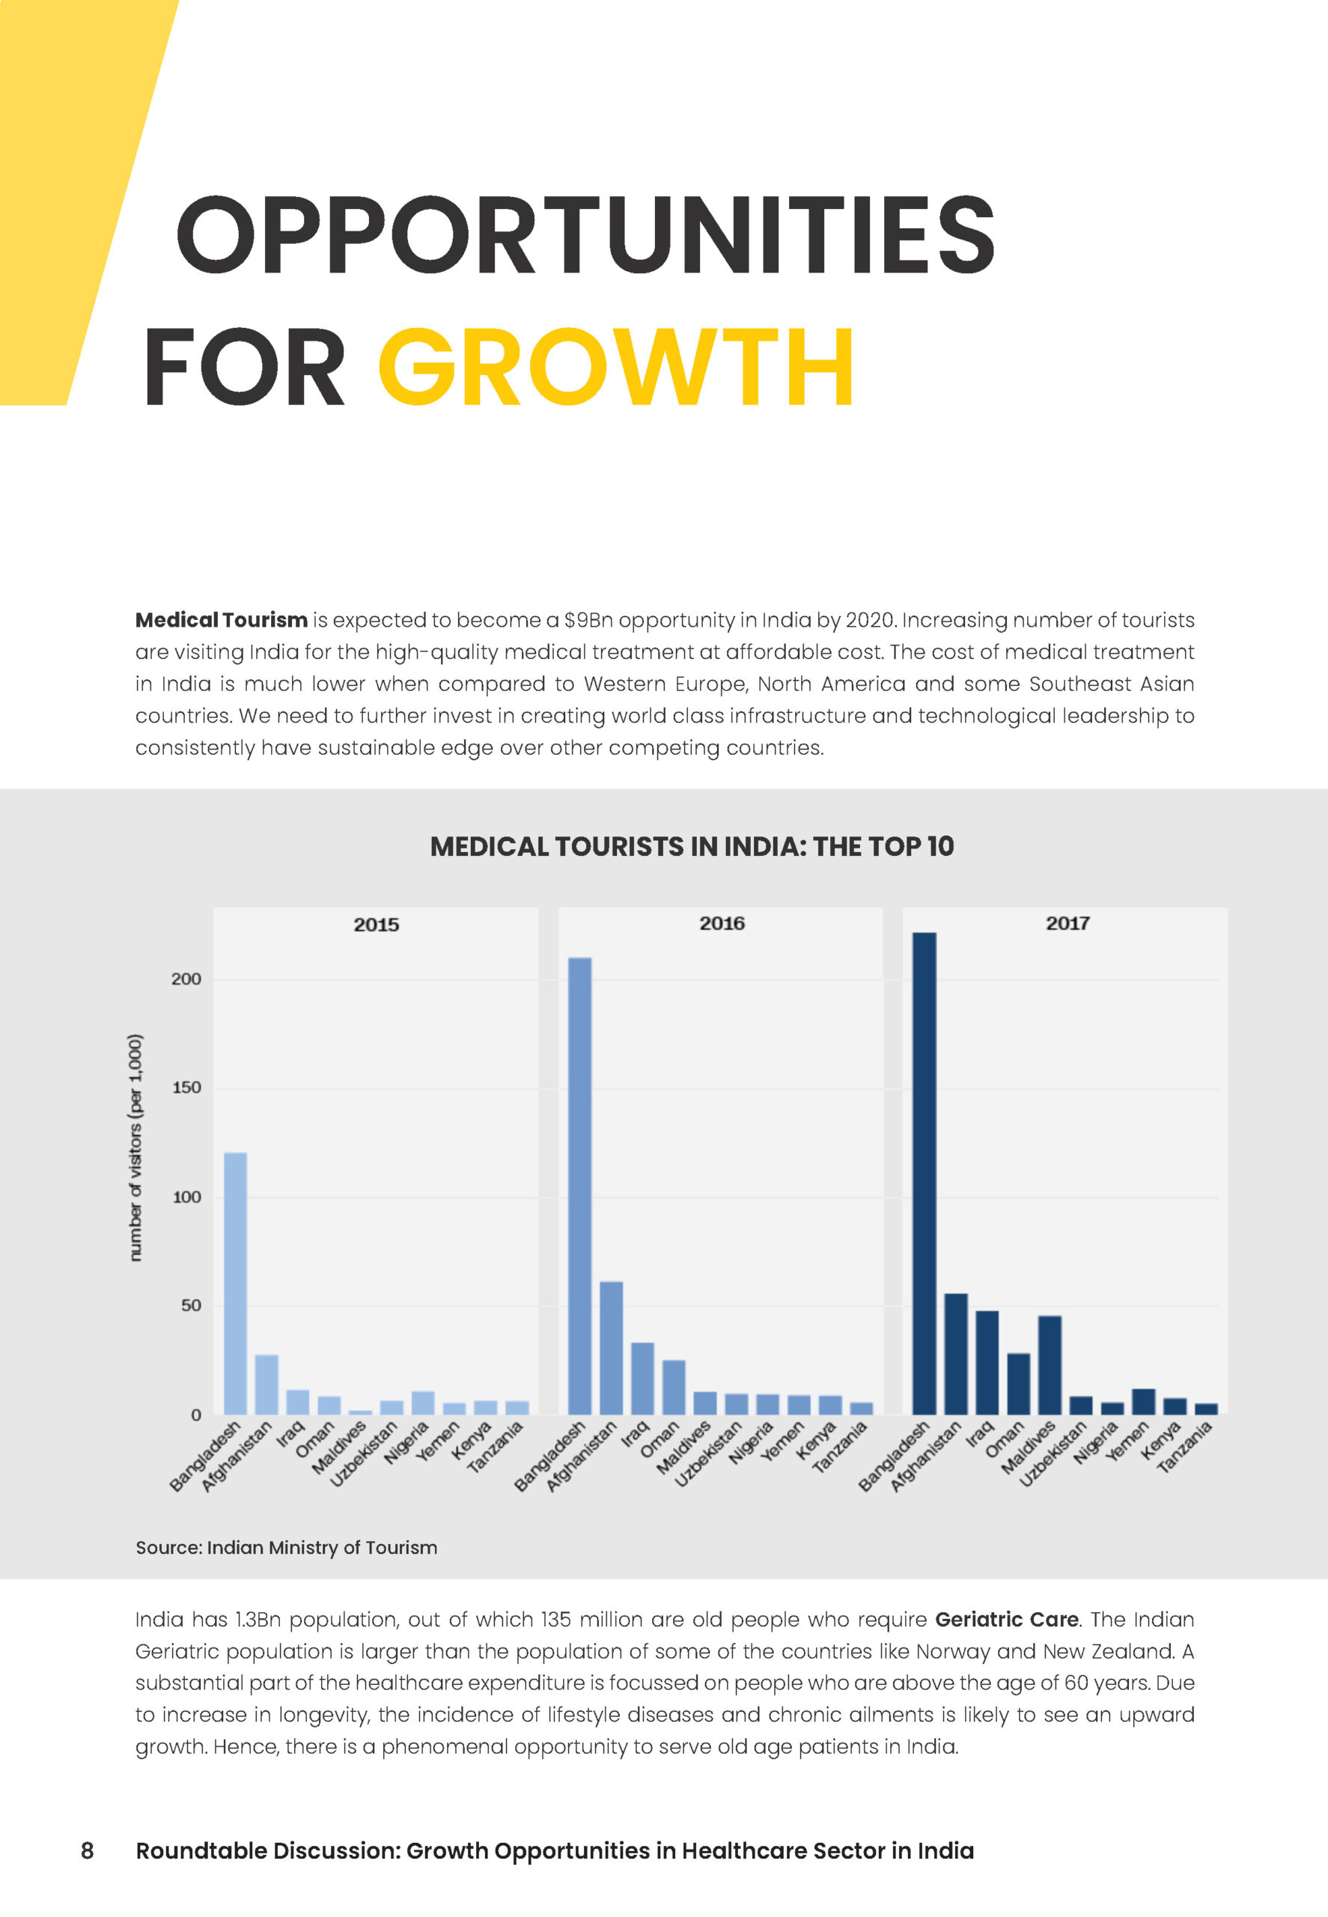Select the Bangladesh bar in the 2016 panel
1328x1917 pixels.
[x=580, y=1185]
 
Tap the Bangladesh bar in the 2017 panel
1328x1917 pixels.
[x=925, y=1173]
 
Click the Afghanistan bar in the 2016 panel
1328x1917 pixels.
[x=611, y=1348]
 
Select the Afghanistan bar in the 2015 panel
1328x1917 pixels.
[x=266, y=1385]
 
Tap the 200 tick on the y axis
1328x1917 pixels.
[x=186, y=979]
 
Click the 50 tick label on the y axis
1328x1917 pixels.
[x=191, y=1305]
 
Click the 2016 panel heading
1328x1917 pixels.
[x=722, y=923]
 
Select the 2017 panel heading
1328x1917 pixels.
[x=1067, y=923]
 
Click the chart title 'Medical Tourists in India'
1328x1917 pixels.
[x=692, y=846]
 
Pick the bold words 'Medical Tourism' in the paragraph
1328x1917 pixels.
[x=222, y=620]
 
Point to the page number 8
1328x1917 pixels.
[x=88, y=1850]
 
